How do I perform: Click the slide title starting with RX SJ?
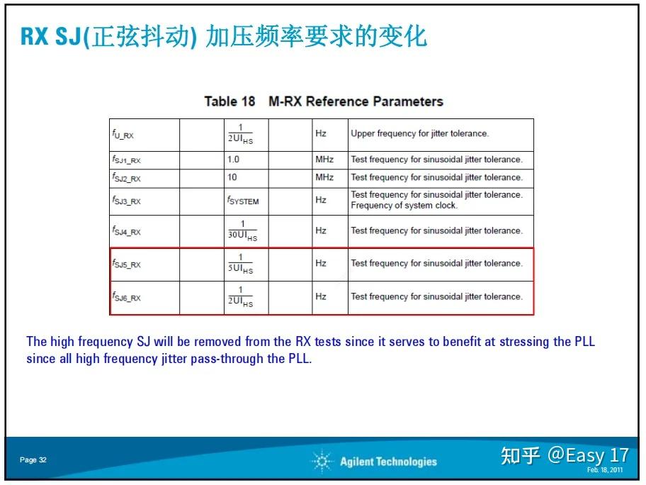click(x=224, y=36)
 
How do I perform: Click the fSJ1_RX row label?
click(x=126, y=160)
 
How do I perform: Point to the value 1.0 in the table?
click(x=233, y=160)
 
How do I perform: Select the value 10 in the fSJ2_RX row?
click(x=232, y=177)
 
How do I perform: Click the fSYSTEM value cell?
click(x=243, y=201)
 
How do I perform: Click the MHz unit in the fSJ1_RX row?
click(x=324, y=160)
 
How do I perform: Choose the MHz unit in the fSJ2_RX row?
click(x=324, y=177)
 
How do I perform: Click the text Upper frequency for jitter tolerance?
click(x=419, y=133)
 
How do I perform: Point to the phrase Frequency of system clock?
click(x=404, y=206)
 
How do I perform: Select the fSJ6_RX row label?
click(x=126, y=297)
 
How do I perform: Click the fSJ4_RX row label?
click(x=126, y=231)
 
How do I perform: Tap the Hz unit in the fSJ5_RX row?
click(x=321, y=263)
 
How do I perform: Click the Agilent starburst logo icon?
click(x=322, y=462)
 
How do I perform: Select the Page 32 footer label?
click(x=33, y=460)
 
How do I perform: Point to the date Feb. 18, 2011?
click(x=605, y=470)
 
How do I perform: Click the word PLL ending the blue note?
click(x=299, y=359)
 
